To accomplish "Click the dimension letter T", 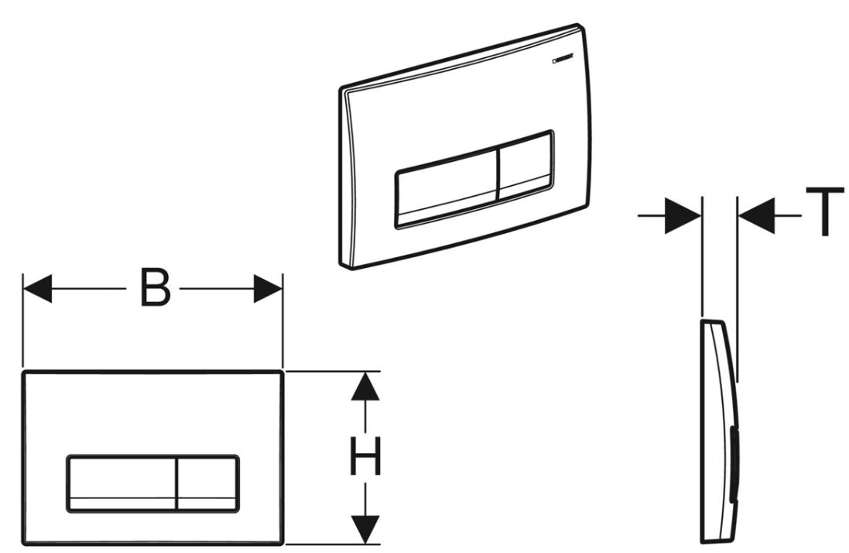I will pyautogui.click(x=822, y=211).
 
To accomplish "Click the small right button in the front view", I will pyautogui.click(x=207, y=481).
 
